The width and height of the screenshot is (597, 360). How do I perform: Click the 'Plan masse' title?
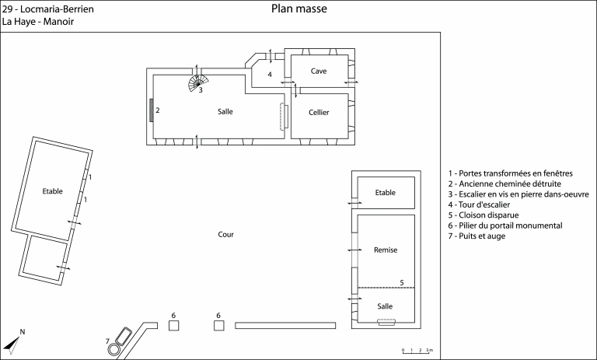(x=299, y=9)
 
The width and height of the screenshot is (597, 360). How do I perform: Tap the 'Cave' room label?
(x=319, y=71)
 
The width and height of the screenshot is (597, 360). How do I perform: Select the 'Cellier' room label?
(x=319, y=113)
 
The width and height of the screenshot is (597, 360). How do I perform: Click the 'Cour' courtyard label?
(x=225, y=234)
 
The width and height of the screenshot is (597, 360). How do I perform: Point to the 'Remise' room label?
(x=386, y=250)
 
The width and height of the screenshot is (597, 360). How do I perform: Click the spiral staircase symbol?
(x=198, y=82)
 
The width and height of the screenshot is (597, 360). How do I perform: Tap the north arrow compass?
(x=13, y=341)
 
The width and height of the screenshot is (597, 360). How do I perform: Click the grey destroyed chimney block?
(x=151, y=111)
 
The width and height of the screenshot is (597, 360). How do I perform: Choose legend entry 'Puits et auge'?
(x=482, y=236)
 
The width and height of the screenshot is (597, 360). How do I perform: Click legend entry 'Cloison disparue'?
(x=484, y=215)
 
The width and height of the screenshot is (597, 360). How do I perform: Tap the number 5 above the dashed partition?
(x=401, y=281)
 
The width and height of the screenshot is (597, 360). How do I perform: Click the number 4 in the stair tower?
(x=270, y=75)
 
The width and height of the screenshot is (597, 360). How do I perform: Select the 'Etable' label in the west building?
(x=53, y=190)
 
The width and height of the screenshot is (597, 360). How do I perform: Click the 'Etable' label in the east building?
(x=386, y=193)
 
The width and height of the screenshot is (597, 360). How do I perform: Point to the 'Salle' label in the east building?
(x=385, y=306)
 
